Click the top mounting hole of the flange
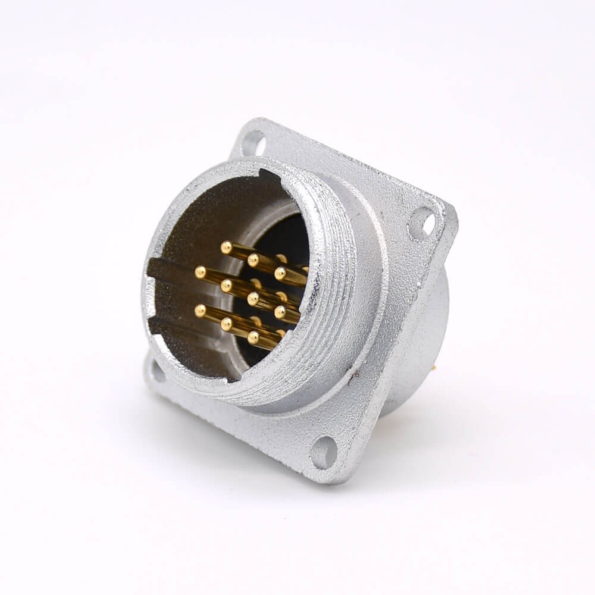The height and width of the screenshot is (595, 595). pyautogui.click(x=254, y=142)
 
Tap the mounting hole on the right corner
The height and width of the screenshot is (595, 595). pyautogui.click(x=423, y=223)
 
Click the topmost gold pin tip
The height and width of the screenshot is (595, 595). pyautogui.click(x=226, y=246)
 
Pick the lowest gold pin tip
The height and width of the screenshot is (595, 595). pyautogui.click(x=254, y=337)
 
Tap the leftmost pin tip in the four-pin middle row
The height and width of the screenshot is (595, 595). pyautogui.click(x=200, y=272)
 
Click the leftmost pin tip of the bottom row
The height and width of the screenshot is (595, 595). pyautogui.click(x=201, y=309)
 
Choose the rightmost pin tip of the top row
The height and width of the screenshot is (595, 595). pyautogui.click(x=280, y=274)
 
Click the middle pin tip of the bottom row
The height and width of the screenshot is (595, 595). pyautogui.click(x=227, y=323)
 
